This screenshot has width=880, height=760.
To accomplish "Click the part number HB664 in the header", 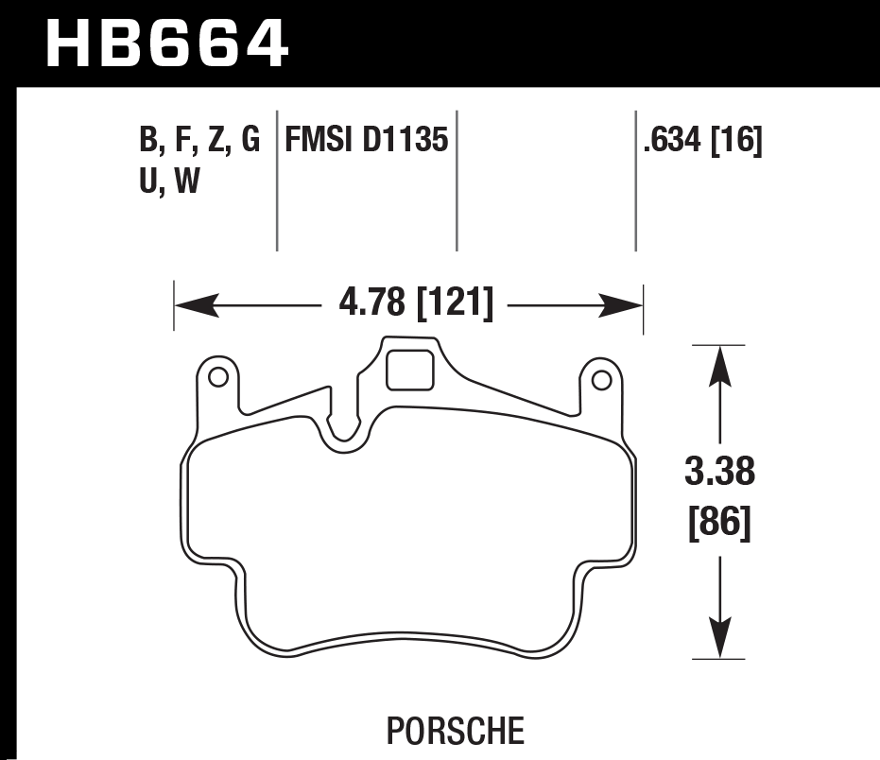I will pyautogui.click(x=166, y=43).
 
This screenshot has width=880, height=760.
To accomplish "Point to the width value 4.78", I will pyautogui.click(x=372, y=304).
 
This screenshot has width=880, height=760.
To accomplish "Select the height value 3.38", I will pyautogui.click(x=721, y=470).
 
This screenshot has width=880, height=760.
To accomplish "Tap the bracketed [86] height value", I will pyautogui.click(x=721, y=522).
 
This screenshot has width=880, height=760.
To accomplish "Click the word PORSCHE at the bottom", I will pyautogui.click(x=455, y=731).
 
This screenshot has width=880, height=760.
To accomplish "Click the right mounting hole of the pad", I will pyautogui.click(x=599, y=380).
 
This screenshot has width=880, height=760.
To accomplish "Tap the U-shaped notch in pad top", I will pyautogui.click(x=343, y=429).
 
